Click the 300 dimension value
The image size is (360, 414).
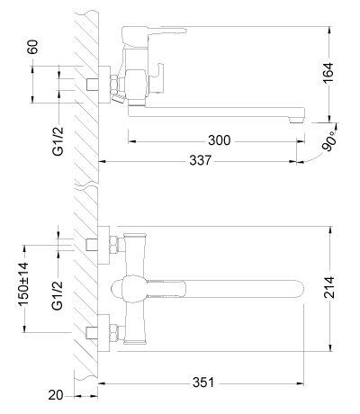tap(220, 140)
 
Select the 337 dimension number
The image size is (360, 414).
tap(201, 160)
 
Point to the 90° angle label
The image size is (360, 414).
tap(329, 143)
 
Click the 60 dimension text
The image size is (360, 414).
tap(33, 47)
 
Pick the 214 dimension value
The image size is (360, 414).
tap(329, 287)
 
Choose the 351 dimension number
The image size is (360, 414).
tap(203, 382)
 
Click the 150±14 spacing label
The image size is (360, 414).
tap(24, 284)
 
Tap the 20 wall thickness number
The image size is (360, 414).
tap(56, 395)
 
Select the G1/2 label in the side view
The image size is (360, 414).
tap(58, 141)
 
